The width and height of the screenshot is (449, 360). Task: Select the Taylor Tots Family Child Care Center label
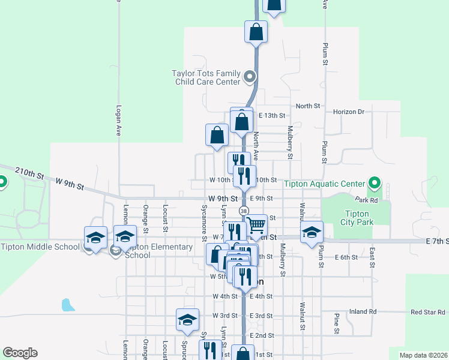coord(206,77)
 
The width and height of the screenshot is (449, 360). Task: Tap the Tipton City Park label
coord(359,218)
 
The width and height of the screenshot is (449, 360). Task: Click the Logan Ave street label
coord(119,122)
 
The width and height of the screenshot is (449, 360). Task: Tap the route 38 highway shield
coord(244,211)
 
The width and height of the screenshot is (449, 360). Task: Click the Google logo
coord(20,353)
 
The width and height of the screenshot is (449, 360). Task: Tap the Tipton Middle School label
coord(40,247)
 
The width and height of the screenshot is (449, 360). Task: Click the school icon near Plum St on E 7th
coord(312,232)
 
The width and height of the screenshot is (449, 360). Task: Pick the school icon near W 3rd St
coord(187,319)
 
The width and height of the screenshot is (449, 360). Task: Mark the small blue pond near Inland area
coord(68,305)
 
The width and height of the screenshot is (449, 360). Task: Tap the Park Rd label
coord(365,200)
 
